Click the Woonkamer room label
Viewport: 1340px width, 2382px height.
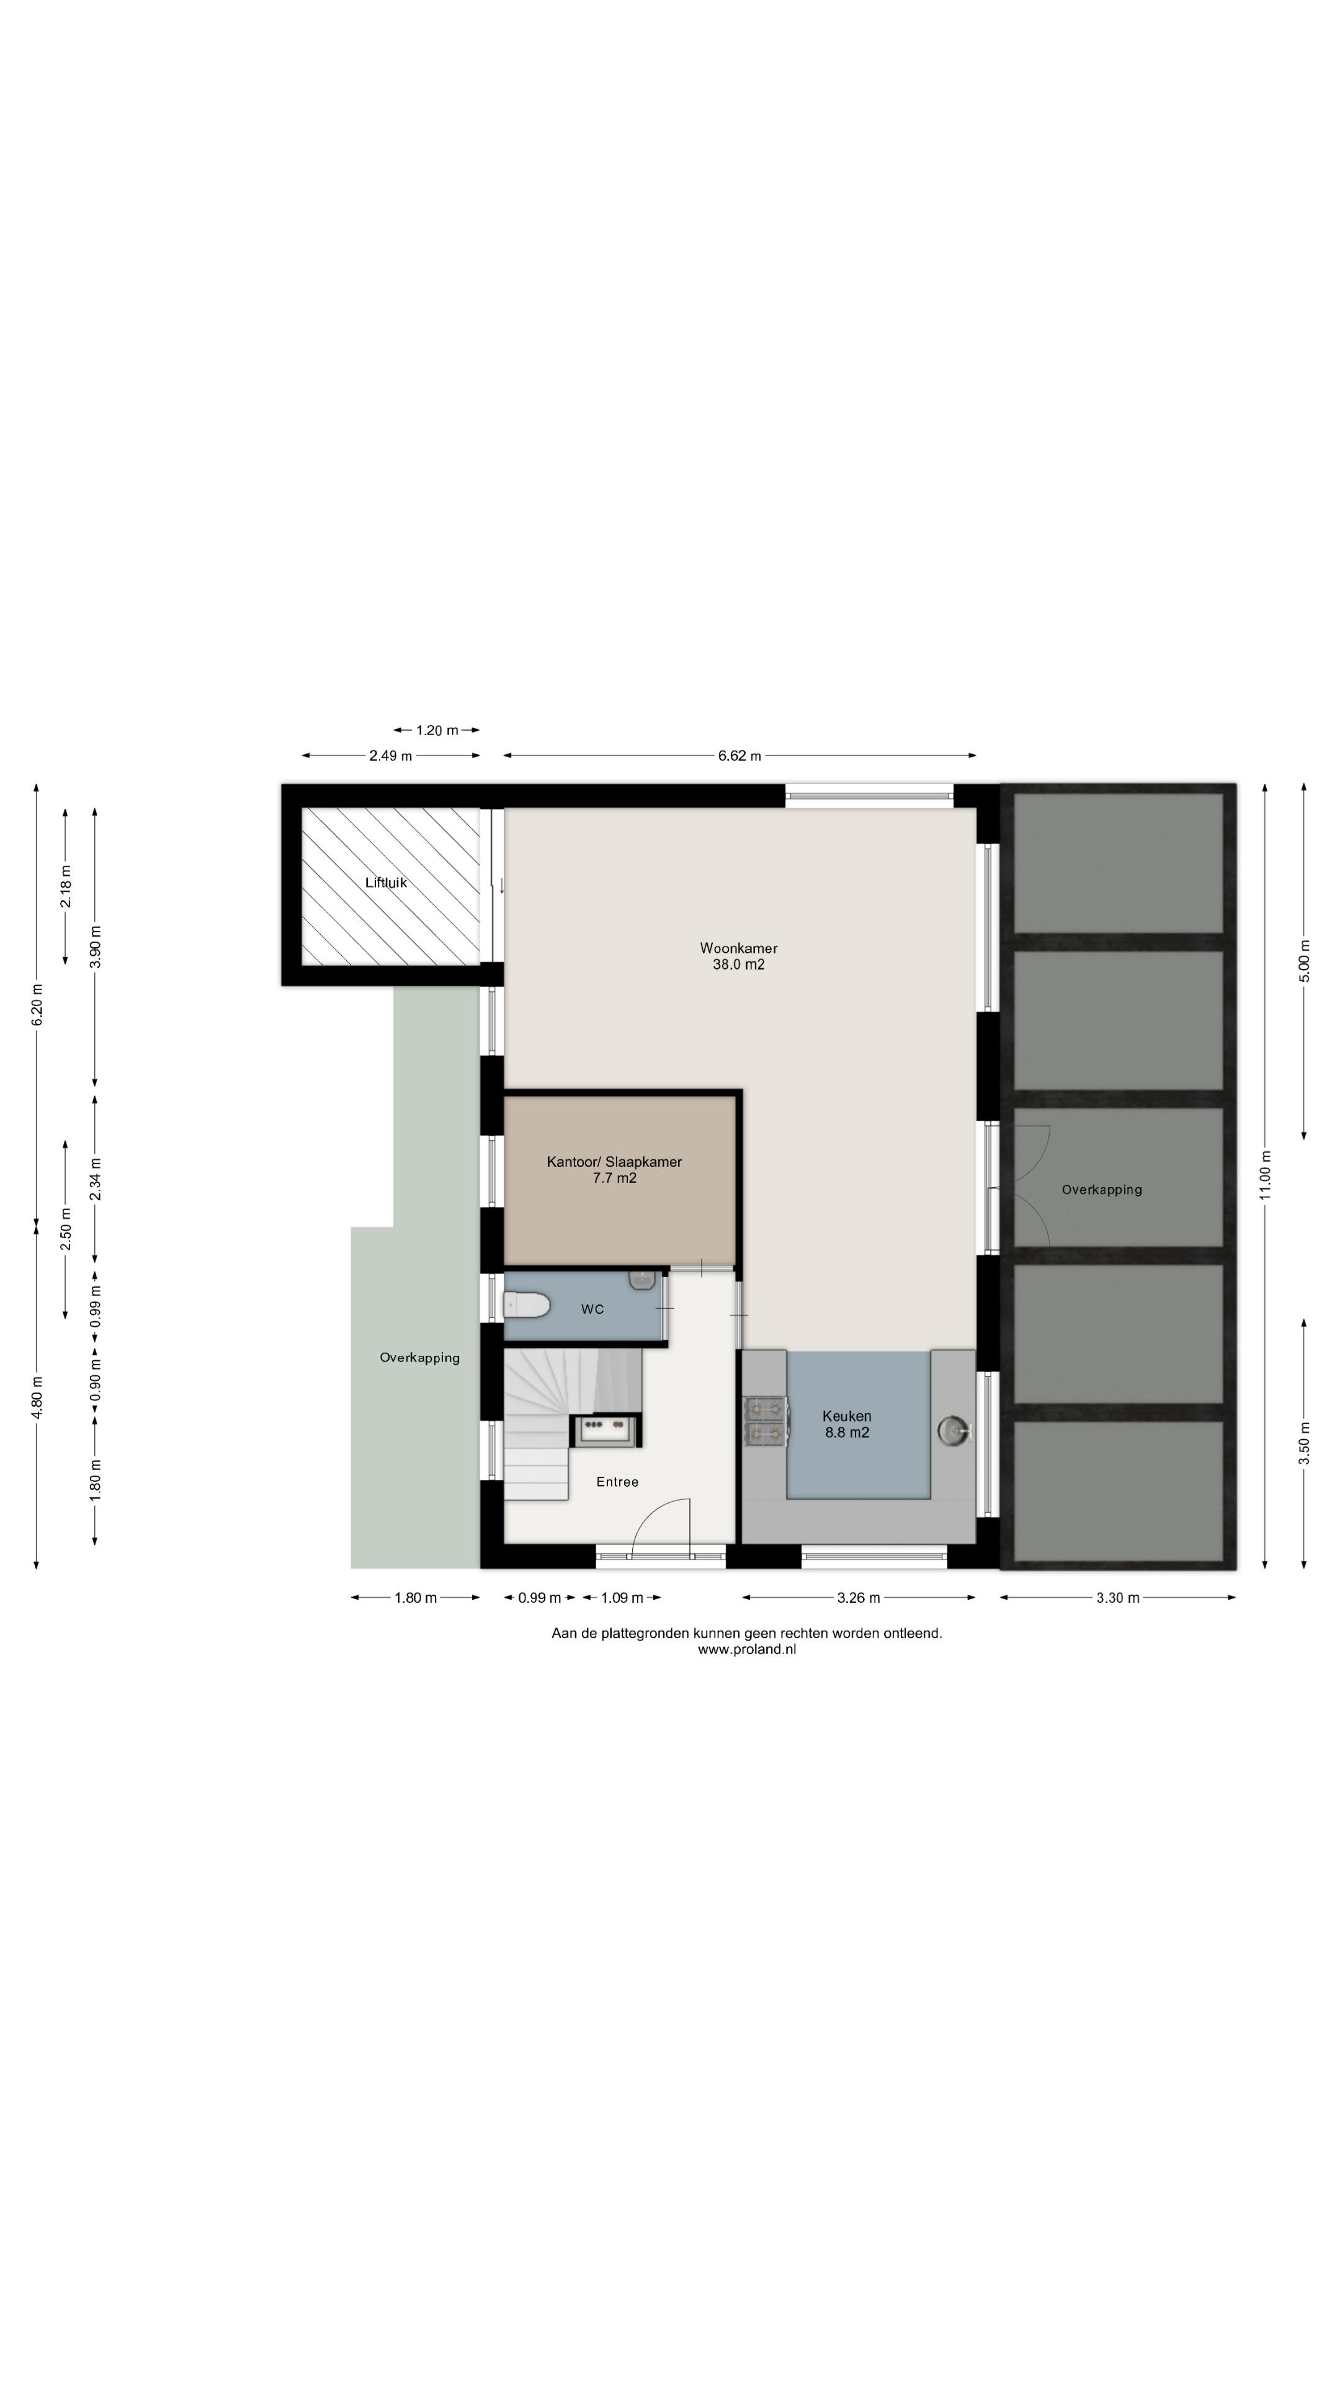[738, 948]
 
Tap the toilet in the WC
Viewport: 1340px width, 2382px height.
[527, 1305]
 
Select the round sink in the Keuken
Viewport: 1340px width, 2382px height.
[954, 1430]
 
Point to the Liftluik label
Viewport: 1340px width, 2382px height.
[386, 882]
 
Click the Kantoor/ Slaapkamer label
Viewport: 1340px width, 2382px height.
[614, 1161]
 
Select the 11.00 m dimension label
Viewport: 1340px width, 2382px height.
[1265, 1174]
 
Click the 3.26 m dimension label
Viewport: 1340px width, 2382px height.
[858, 1597]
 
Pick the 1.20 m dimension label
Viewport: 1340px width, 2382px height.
[437, 729]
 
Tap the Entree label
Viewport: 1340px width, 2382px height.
[617, 1481]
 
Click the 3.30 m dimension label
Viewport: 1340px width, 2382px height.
[1117, 1597]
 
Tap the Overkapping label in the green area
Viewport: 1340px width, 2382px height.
[420, 1357]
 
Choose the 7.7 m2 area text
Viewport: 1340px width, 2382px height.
[614, 1178]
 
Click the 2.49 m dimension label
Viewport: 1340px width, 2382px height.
[390, 756]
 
